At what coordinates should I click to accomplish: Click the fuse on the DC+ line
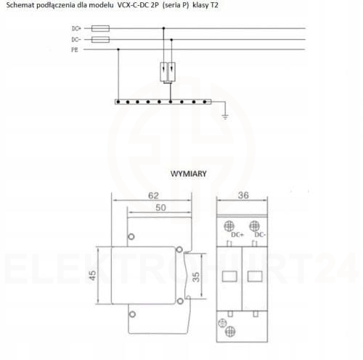(x=100, y=28)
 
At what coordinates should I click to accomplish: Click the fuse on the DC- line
(x=100, y=39)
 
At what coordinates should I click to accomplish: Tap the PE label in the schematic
(x=75, y=50)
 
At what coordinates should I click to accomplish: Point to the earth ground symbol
(x=225, y=118)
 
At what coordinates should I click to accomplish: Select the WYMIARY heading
(x=189, y=173)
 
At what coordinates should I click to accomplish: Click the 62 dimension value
(x=153, y=195)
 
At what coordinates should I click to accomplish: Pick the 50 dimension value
(x=160, y=208)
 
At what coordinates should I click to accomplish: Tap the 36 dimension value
(x=243, y=195)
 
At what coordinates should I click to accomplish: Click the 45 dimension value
(x=92, y=275)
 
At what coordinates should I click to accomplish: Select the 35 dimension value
(x=196, y=277)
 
